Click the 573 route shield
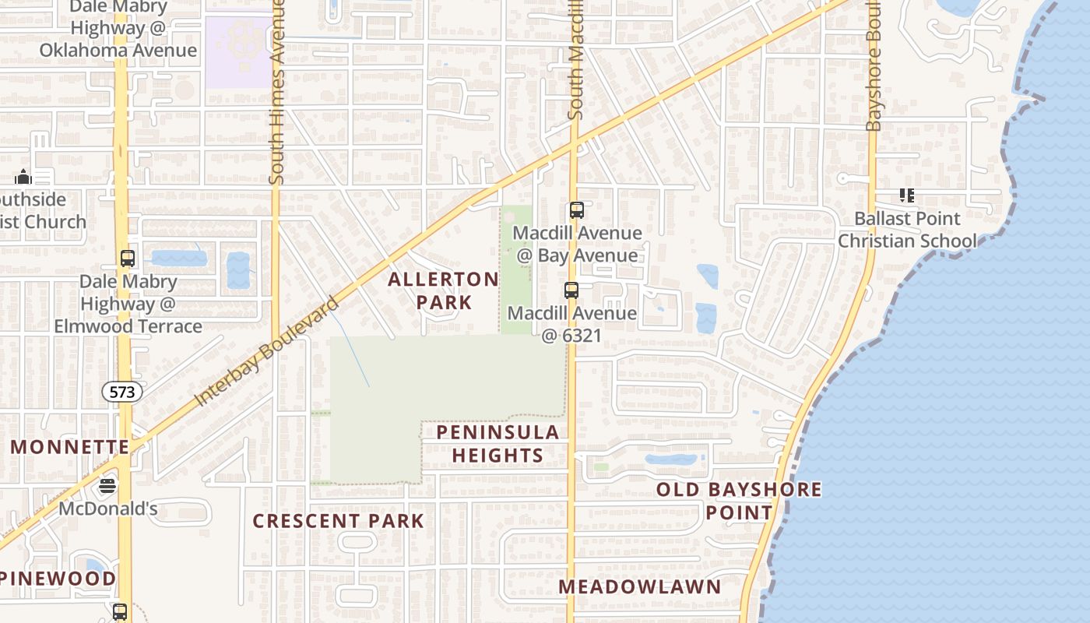(122, 392)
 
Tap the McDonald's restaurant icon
(107, 487)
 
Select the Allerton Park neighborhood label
(443, 290)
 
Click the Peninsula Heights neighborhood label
(498, 443)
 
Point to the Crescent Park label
(339, 521)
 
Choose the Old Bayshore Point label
(739, 501)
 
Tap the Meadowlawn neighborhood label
(640, 586)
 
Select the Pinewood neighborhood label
(58, 579)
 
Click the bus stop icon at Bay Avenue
(576, 210)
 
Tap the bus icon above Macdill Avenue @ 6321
(571, 290)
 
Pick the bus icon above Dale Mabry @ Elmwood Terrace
(128, 259)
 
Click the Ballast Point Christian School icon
(906, 195)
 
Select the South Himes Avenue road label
(276, 93)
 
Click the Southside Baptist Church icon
(23, 177)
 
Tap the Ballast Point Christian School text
(907, 230)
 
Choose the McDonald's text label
(108, 509)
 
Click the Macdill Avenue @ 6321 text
(572, 324)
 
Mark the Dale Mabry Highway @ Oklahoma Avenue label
(118, 30)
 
